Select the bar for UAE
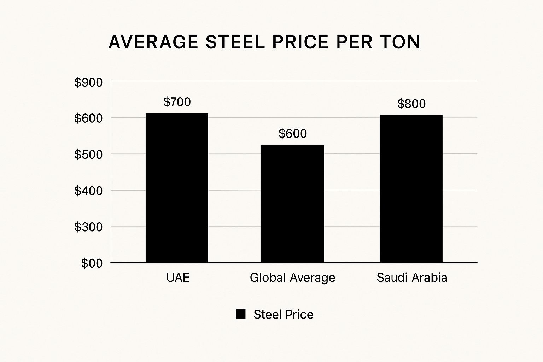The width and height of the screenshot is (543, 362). pos(177,188)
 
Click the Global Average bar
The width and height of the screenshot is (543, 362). pos(292,204)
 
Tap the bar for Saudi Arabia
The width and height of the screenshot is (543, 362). pos(411,189)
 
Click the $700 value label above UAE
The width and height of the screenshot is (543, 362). pos(177,102)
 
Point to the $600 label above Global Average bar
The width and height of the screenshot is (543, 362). pos(293,133)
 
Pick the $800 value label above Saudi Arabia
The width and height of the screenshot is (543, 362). pos(411,104)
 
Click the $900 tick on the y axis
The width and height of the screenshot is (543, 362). pos(88,82)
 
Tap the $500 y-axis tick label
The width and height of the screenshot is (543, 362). pos(88,154)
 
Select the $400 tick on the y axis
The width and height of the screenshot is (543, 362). pos(88,191)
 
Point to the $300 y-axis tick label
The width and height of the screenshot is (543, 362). pos(88,227)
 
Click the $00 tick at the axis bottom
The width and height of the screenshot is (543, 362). pos(92,263)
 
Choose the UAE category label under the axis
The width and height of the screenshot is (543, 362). pos(178,278)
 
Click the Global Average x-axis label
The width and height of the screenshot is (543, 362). pos(292,278)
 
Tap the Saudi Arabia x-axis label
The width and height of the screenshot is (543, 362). pos(412,278)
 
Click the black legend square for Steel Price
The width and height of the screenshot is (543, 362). pos(241,314)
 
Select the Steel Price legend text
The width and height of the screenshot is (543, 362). pos(284,314)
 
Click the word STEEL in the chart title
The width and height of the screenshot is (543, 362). pos(235,42)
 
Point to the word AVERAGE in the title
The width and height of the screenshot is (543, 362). pos(153,42)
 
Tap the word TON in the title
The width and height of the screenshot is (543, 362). pos(400,42)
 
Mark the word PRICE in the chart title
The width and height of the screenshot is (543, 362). pos(300,42)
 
